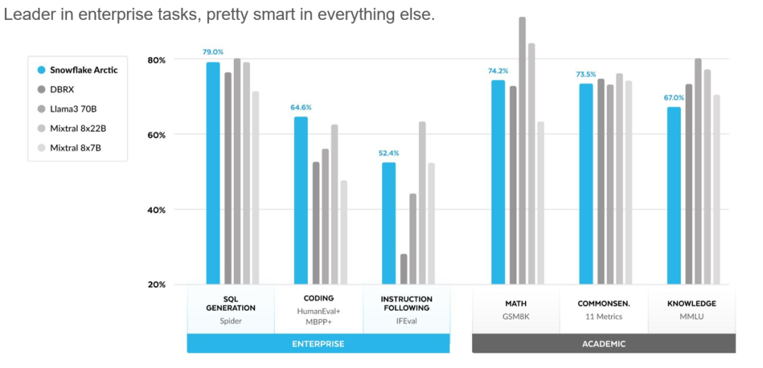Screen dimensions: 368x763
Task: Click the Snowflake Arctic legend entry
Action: coord(83,70)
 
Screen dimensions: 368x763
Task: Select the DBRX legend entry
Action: coord(62,89)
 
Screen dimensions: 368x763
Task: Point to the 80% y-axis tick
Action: coord(156,60)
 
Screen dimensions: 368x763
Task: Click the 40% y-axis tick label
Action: coord(156,210)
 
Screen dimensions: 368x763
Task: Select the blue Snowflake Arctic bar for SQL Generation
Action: coord(213,173)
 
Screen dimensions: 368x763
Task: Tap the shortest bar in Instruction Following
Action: coord(403,269)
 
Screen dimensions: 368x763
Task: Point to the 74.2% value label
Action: coord(497,71)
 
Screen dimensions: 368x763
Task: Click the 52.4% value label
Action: coord(389,153)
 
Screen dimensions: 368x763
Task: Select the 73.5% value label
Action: coord(586,74)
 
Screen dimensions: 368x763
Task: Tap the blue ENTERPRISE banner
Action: coord(318,344)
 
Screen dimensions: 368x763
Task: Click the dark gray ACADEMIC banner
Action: coord(603,344)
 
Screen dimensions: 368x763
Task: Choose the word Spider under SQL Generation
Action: coord(230,321)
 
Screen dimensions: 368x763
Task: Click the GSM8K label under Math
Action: coord(516,316)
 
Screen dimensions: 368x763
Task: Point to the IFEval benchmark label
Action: coord(406,321)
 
